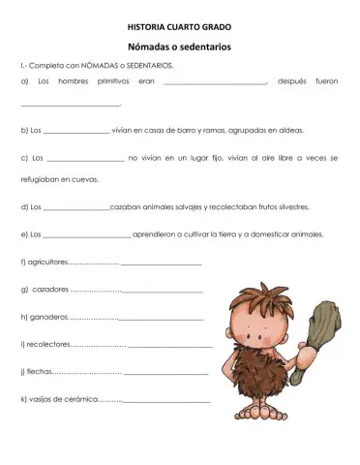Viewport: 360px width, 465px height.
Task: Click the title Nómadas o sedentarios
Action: pyautogui.click(x=179, y=46)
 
